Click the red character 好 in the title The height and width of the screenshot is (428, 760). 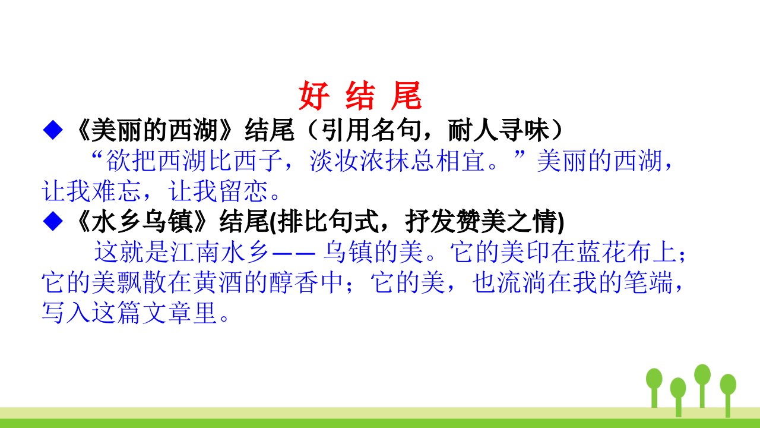click(x=314, y=96)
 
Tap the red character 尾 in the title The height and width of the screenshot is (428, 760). click(x=406, y=96)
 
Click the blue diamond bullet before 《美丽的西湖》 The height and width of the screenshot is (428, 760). click(x=53, y=130)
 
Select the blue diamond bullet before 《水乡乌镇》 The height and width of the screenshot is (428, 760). click(x=53, y=221)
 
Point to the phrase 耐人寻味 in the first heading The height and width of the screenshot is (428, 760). click(x=498, y=130)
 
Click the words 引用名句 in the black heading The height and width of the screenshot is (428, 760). click(x=371, y=130)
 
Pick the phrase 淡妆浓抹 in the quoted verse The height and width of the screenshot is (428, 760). click(x=360, y=160)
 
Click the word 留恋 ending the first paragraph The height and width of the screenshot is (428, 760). click(x=243, y=191)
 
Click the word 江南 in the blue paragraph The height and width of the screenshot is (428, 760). click(x=196, y=252)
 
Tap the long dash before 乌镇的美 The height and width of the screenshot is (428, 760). click(x=294, y=253)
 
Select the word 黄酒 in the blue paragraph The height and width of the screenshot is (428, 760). click(x=218, y=282)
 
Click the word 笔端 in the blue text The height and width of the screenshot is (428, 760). click(x=648, y=282)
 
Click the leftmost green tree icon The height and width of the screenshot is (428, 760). click(x=654, y=388)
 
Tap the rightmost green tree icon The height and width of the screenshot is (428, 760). click(x=728, y=396)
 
